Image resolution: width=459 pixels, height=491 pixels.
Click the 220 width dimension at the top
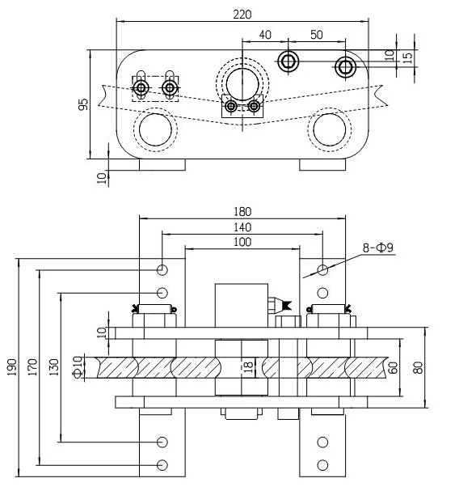241,14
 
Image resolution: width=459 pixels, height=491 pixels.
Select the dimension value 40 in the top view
264,36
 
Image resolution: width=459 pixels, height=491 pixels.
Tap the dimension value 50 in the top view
317,36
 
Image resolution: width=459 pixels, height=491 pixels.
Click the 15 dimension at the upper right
407,58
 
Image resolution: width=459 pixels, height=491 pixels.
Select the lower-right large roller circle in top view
330,129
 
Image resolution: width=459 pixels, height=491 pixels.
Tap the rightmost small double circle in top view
346,66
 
